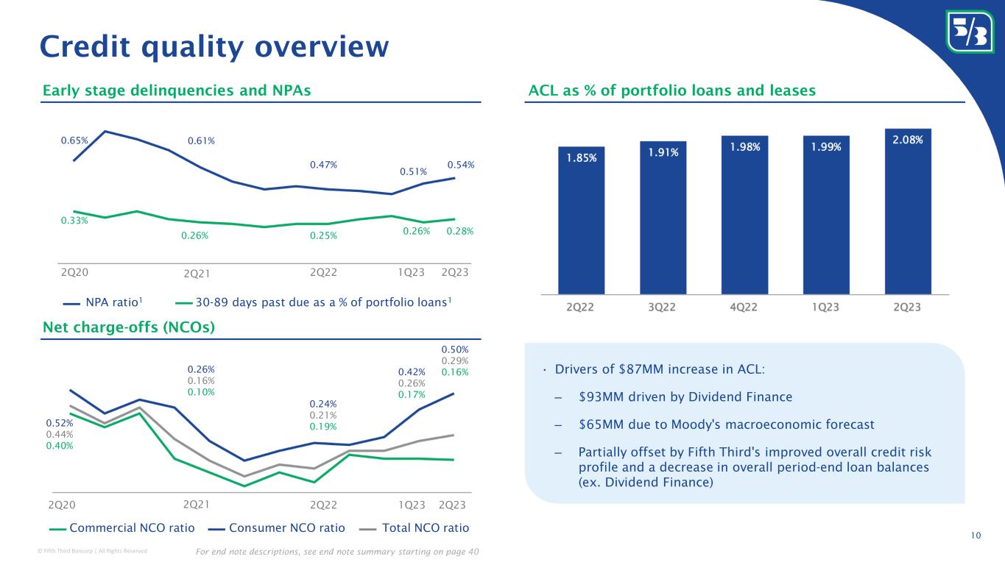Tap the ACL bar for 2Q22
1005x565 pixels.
tap(581, 221)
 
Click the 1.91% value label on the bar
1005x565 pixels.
tap(663, 152)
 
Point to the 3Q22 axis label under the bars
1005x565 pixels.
tap(663, 308)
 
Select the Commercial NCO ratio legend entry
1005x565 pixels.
tap(122, 527)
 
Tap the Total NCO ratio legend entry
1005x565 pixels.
tap(417, 527)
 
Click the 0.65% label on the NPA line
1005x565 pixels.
tap(74, 139)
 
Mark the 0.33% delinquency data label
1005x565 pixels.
tap(74, 220)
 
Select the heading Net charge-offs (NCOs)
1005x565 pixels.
tap(129, 327)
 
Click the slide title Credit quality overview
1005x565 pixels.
tap(214, 46)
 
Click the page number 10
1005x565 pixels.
tap(976, 535)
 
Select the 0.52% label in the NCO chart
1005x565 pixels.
tap(60, 424)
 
